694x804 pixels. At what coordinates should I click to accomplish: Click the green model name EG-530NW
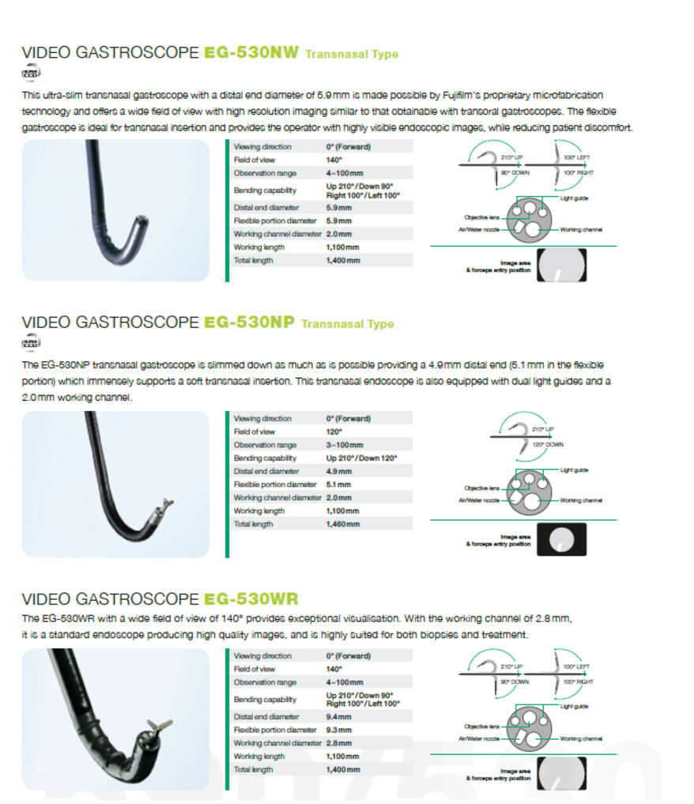point(251,53)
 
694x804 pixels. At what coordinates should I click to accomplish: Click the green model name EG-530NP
point(249,323)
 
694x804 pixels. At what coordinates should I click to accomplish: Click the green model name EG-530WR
point(251,598)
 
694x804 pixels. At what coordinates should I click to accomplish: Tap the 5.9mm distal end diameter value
point(339,208)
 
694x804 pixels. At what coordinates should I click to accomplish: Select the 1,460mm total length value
point(342,524)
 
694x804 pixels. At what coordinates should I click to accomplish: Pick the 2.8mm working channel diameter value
point(339,743)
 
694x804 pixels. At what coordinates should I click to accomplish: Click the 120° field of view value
point(334,432)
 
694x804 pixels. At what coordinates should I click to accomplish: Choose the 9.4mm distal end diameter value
point(339,717)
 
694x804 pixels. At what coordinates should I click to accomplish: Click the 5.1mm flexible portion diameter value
point(338,485)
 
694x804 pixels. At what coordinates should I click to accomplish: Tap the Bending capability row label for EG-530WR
point(264,700)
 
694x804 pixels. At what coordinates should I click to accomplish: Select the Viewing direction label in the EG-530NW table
point(262,147)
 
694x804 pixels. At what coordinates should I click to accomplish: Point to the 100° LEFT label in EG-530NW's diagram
point(578,158)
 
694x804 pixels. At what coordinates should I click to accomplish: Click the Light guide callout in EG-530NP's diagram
point(573,470)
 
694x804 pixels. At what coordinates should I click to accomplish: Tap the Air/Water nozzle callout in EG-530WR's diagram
point(478,738)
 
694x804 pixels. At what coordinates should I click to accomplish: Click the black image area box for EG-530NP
point(562,540)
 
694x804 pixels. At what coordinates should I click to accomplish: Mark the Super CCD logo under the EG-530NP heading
point(31,343)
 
